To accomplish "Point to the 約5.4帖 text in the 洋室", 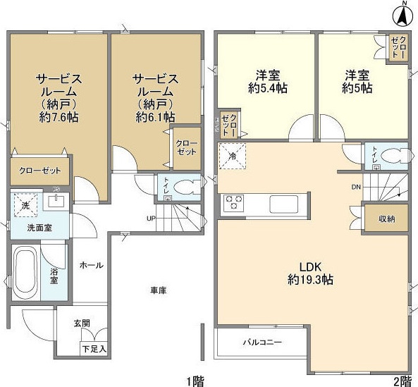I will tap(266, 89).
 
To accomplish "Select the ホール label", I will tap(91, 266).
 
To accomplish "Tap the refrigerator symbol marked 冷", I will tap(232, 156).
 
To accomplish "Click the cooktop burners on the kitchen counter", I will tap(233, 204).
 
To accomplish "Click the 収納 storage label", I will tap(386, 219).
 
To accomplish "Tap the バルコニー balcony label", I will tap(262, 343).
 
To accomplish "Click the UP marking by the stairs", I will tap(151, 218).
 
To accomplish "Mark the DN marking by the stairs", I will tap(356, 188).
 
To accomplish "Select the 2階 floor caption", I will tap(402, 381).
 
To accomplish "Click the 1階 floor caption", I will tap(195, 381).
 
